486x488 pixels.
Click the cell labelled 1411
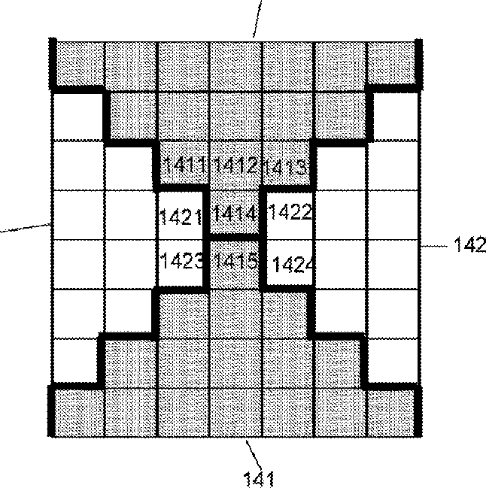coord(183,165)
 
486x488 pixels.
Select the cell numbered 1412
coord(235,165)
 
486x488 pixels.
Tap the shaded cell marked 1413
coord(287,165)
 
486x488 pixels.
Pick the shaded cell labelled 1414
coord(235,214)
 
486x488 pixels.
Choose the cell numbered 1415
coord(235,262)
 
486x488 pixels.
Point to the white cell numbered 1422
coord(288,214)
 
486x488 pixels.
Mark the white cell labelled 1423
coord(181,262)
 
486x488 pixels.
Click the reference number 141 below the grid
coord(257,477)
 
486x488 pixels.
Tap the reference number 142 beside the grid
coord(468,244)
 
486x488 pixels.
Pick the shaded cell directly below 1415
coord(235,312)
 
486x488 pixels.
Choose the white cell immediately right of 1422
coord(340,214)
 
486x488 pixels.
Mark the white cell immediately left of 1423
coord(129,262)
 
